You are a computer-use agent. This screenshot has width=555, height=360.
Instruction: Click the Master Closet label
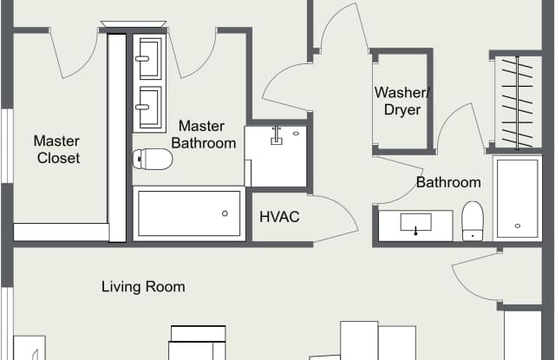tap(57, 149)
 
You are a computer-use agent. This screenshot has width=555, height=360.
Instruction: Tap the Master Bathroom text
tap(204, 134)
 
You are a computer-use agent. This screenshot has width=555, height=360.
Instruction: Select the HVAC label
tap(279, 217)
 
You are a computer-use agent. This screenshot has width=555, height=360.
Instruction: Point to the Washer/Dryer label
tap(402, 101)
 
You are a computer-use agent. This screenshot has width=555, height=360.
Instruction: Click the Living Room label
tap(143, 287)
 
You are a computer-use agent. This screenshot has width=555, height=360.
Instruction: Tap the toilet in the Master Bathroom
tap(153, 159)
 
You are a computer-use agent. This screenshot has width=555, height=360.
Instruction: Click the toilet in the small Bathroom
tap(473, 221)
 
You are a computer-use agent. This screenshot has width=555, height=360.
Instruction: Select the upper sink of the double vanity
tap(150, 58)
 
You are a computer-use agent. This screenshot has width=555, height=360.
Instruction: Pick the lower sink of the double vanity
tap(150, 108)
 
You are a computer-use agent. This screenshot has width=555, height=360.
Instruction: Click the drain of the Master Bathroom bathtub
tap(225, 213)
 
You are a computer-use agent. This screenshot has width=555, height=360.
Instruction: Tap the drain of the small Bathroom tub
tap(518, 226)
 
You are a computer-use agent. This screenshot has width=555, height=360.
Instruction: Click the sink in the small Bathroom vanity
tap(416, 223)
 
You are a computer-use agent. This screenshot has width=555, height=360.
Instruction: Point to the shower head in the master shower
tap(277, 136)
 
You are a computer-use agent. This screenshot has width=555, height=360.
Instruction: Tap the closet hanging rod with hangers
tap(517, 102)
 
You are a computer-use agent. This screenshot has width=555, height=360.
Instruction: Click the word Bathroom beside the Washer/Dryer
tap(448, 183)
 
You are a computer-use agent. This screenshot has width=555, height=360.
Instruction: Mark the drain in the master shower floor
tap(296, 134)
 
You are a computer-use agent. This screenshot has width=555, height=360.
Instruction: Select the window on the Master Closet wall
tap(8, 147)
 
